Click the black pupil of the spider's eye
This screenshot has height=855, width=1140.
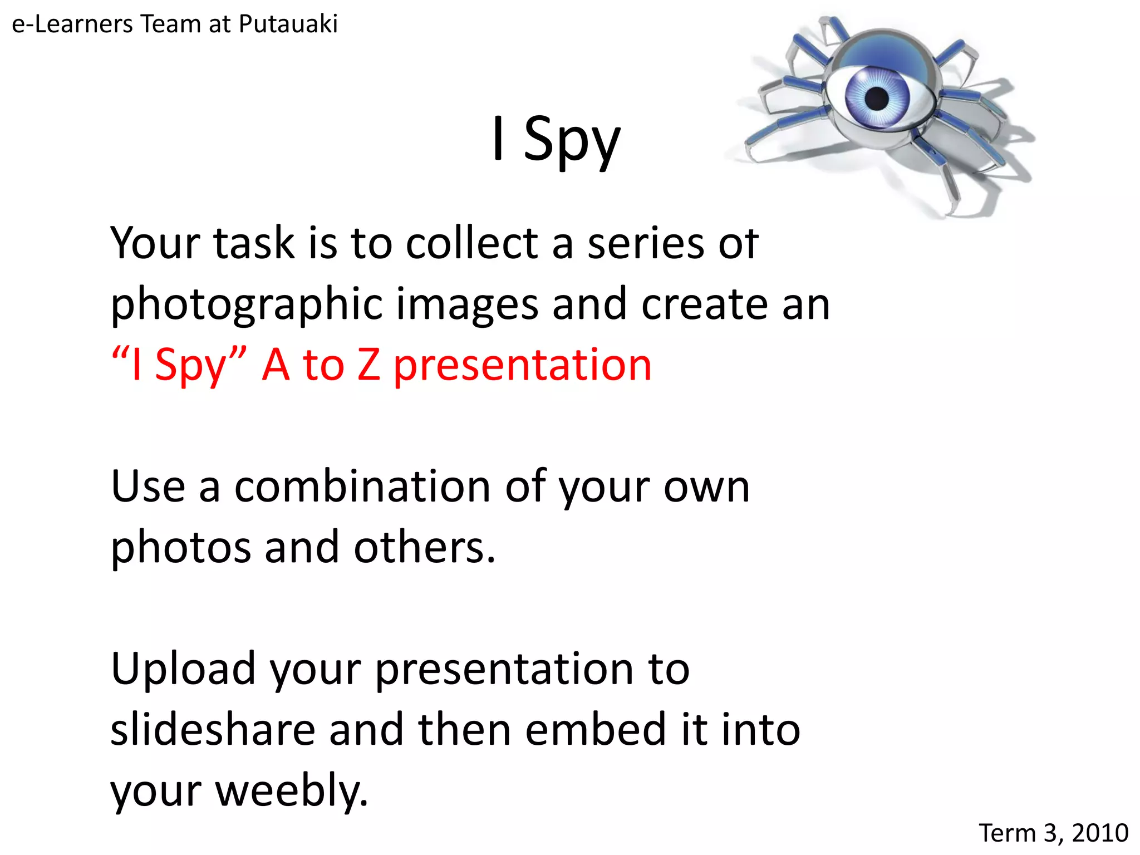click(877, 99)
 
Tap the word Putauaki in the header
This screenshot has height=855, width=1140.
click(288, 24)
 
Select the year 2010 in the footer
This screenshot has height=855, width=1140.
click(1100, 833)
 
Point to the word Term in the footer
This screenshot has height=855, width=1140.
click(1008, 833)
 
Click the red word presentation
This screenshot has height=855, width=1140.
click(522, 366)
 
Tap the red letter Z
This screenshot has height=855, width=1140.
click(368, 365)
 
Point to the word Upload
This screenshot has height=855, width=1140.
click(183, 669)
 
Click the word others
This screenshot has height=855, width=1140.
click(424, 547)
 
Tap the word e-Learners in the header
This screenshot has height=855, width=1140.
click(72, 24)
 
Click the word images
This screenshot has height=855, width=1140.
click(467, 305)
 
